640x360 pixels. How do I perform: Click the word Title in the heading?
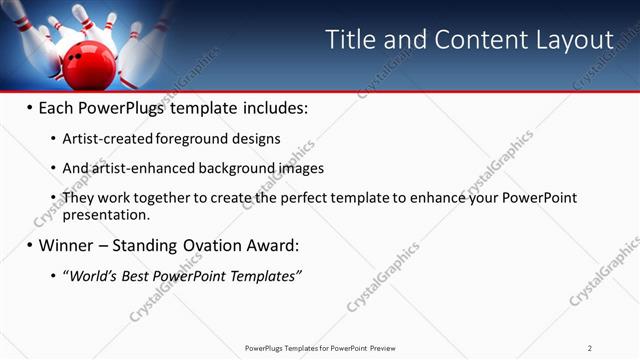(352, 40)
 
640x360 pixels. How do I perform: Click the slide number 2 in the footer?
(589, 347)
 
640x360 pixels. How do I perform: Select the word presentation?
(105, 214)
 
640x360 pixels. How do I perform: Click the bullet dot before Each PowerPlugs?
(29, 106)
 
